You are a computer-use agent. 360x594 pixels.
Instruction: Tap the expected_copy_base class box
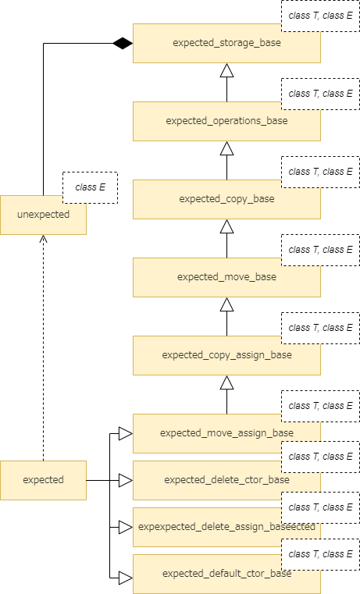211,205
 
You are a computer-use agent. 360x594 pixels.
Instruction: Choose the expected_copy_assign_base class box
211,361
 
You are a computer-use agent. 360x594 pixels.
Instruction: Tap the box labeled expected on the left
43,480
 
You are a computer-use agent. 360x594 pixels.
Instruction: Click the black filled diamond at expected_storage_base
122,43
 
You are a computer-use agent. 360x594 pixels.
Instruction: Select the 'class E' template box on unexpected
90,187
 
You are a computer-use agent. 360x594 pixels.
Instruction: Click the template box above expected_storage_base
320,16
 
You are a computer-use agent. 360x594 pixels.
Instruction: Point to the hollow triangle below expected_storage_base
226,70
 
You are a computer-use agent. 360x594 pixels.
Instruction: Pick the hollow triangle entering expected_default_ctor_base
125,578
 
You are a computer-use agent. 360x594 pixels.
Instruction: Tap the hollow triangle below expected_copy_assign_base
226,382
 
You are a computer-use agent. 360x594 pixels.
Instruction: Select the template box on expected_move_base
320,250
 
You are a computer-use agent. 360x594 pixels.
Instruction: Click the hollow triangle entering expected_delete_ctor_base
125,480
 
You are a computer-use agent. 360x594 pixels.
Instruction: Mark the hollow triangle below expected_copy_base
226,226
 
